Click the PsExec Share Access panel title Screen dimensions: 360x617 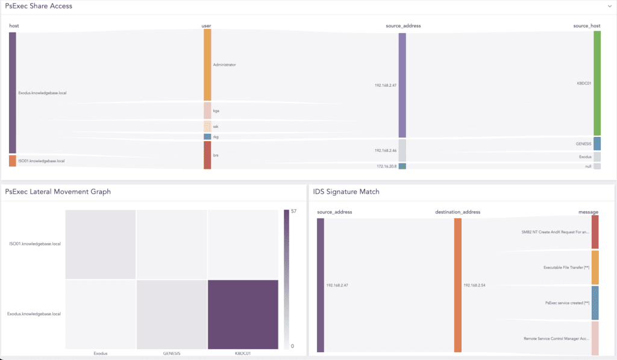[x=39, y=6]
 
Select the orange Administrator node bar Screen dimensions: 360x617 [x=207, y=65]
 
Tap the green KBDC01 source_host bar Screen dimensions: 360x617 [x=597, y=83]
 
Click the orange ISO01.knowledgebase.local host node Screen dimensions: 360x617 [x=13, y=161]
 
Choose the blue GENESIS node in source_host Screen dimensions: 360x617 [x=597, y=144]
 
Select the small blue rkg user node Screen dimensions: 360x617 [x=207, y=137]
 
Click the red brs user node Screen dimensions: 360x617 [x=207, y=156]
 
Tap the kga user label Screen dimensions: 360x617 [x=216, y=111]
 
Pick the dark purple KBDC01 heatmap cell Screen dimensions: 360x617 [x=243, y=314]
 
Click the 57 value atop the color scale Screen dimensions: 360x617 [x=293, y=212]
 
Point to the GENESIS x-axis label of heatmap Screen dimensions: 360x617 [x=172, y=354]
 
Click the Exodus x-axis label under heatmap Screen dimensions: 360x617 [x=101, y=354]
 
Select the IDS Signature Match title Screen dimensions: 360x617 [x=346, y=192]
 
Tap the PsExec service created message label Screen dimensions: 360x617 [x=566, y=303]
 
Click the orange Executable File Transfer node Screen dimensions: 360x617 [x=595, y=268]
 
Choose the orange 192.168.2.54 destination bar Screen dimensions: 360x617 [x=458, y=285]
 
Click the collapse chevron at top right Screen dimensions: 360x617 [x=610, y=6]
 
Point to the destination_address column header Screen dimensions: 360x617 [x=457, y=212]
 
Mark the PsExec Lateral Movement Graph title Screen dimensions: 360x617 [x=58, y=192]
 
